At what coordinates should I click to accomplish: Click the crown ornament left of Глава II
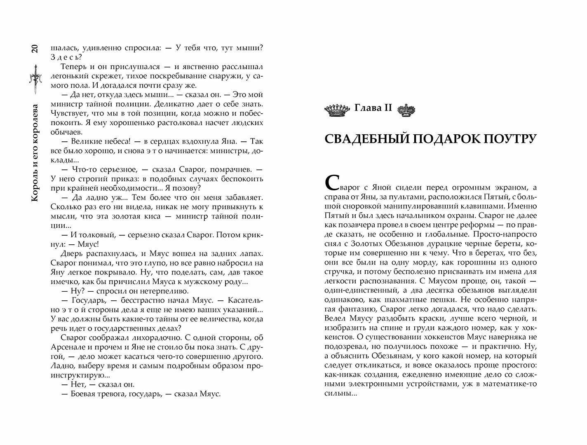337,109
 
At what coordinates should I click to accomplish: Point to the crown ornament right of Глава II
406,109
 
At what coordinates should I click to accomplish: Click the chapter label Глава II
372,109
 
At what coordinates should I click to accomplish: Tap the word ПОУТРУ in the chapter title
511,139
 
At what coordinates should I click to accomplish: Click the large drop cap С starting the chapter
332,182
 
